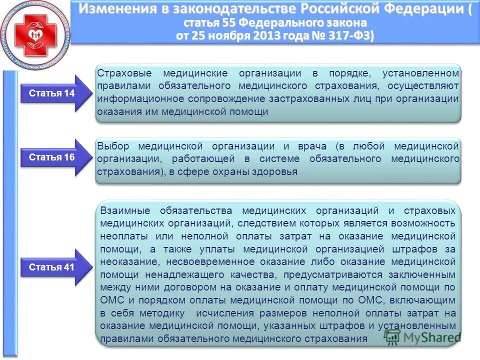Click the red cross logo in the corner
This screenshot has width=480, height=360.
[34, 35]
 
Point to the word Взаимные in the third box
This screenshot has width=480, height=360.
[123, 210]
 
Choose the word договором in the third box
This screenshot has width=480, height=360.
[178, 287]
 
